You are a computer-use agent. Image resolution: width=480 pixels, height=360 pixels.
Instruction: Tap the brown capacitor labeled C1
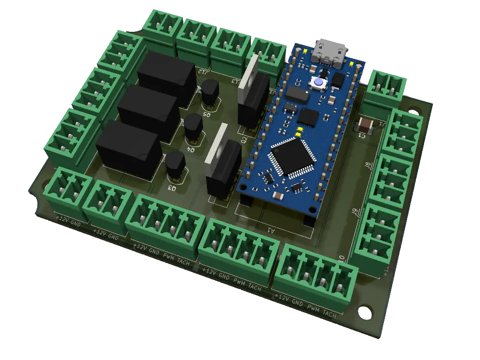(x=366, y=126)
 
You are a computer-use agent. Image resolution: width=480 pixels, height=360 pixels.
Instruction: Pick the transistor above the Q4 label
(x=193, y=128)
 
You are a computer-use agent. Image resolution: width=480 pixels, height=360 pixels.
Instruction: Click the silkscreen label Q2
(x=244, y=140)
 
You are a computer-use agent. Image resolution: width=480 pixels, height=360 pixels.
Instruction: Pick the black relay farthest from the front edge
(x=166, y=77)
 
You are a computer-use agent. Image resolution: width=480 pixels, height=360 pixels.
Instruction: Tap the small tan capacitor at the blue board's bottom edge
(x=279, y=196)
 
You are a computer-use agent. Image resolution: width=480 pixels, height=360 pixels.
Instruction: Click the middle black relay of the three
(x=147, y=113)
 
